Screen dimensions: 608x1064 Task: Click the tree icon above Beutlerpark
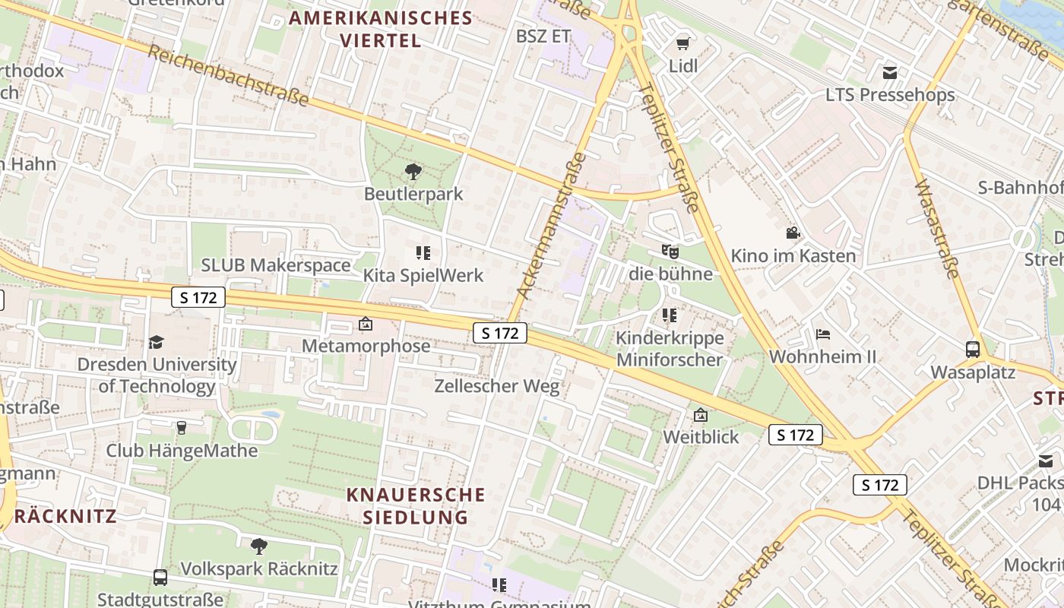coord(413,171)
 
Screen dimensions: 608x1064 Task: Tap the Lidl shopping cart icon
coord(682,43)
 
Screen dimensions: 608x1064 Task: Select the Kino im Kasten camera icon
coord(793,233)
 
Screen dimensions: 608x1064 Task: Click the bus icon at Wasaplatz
coord(973,350)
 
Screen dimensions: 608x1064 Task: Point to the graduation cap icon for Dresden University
coord(157,342)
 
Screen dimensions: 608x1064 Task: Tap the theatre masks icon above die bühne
coord(670,250)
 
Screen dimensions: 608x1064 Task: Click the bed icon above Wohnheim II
coord(822,334)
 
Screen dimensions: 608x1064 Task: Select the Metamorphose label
coord(366,346)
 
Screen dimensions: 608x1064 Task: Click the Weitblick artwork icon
coord(701,415)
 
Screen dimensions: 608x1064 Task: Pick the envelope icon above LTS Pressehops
coord(890,73)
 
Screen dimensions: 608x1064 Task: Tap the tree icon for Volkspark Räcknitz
coord(258,546)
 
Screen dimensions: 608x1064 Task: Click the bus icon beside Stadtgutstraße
coord(160,578)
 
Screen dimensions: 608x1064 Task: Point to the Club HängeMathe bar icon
coord(181,428)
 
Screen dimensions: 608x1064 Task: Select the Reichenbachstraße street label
coord(228,75)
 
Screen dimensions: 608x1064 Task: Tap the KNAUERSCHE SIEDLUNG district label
coord(416,505)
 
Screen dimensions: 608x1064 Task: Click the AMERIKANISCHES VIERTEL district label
coord(381,28)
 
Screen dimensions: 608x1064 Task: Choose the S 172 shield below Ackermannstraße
coord(500,332)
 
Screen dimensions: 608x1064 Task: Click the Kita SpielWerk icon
coord(423,252)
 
